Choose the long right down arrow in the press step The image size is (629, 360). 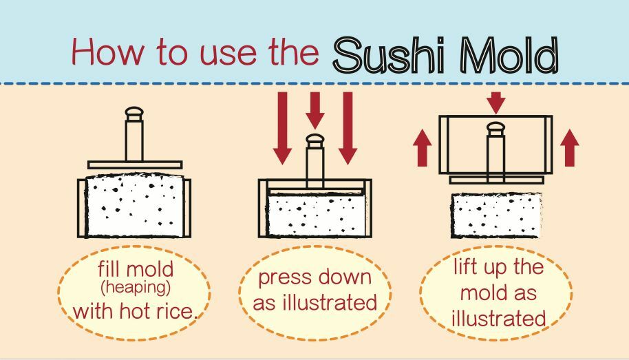(348, 127)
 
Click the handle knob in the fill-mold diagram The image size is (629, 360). (134, 113)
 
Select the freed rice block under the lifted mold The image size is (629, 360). (496, 215)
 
